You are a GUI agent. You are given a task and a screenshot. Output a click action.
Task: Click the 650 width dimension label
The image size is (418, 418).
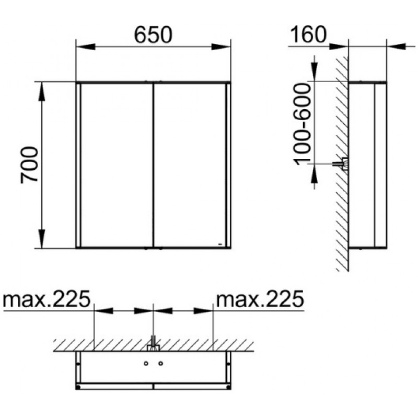[153, 35]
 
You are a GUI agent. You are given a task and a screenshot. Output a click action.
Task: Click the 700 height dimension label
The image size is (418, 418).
[29, 165]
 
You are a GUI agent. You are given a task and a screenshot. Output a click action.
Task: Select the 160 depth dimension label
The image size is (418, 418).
[308, 34]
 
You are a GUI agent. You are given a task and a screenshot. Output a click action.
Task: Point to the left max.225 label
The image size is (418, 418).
[47, 299]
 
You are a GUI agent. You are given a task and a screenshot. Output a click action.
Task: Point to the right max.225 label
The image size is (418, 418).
[260, 299]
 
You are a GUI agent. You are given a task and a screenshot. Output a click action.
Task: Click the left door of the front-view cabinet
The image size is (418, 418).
[117, 165]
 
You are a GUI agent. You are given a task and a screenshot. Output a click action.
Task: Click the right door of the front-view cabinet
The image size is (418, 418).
[190, 165]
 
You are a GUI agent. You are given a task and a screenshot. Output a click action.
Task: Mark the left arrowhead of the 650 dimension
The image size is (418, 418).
[86, 47]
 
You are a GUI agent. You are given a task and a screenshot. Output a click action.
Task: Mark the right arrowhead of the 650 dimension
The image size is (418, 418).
[221, 47]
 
